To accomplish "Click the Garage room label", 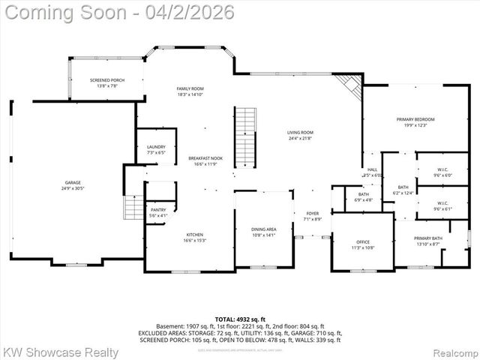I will pyautogui.click(x=73, y=184).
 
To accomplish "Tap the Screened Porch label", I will pyautogui.click(x=106, y=82).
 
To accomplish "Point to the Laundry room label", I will pyautogui.click(x=156, y=149).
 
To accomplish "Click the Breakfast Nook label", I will pyautogui.click(x=205, y=160).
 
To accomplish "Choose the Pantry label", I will pyautogui.click(x=158, y=212).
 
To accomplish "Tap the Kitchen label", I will pyautogui.click(x=194, y=237).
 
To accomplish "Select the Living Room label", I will pyautogui.click(x=300, y=135).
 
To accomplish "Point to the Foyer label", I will pyautogui.click(x=312, y=216).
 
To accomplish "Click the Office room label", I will pyautogui.click(x=363, y=244).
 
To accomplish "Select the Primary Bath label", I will pyautogui.click(x=429, y=241).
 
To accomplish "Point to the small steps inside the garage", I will pyautogui.click(x=133, y=205).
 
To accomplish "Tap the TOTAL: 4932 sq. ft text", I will pyautogui.click(x=239, y=319).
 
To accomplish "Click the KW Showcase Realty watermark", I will pyautogui.click(x=60, y=352).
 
